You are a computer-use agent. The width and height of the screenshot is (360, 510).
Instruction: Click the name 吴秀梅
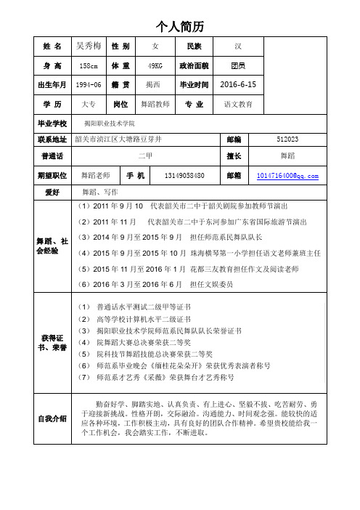point(89,45)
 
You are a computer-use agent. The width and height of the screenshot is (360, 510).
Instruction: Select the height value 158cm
point(89,65)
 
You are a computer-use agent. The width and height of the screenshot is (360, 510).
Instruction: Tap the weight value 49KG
point(155,65)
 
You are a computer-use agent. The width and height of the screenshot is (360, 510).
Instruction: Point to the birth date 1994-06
point(89,85)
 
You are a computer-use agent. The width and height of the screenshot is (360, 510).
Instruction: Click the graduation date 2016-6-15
point(238,84)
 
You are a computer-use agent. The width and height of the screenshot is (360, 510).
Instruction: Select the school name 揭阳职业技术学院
point(110,124)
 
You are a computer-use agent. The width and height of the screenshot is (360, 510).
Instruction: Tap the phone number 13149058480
point(174,175)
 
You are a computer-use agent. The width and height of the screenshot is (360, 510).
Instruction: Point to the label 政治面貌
point(194,65)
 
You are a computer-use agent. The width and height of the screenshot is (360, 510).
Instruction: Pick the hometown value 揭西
point(155,85)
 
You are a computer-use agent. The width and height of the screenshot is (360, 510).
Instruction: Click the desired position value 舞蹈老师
point(95,175)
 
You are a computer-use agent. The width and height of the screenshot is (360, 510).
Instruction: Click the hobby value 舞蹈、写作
point(100,193)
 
